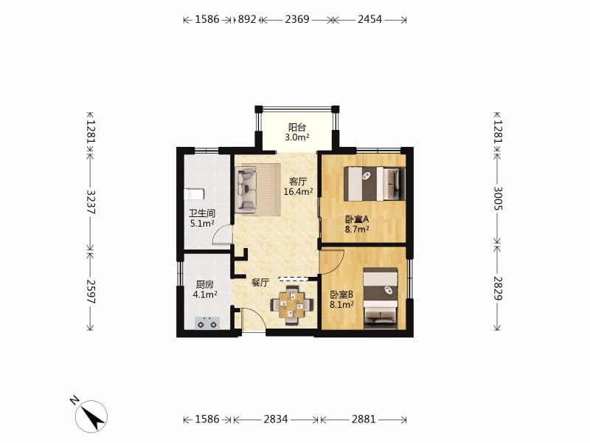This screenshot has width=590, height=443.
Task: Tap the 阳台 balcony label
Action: (x=297, y=127)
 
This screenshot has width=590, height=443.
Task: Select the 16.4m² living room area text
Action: (x=299, y=192)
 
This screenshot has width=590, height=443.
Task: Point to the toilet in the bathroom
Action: (x=194, y=194)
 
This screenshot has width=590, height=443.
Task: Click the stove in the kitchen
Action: (x=207, y=323)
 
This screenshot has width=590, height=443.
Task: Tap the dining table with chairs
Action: (x=292, y=305)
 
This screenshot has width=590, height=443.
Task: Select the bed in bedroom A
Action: (x=375, y=183)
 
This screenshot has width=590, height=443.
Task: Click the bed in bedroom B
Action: (x=381, y=298)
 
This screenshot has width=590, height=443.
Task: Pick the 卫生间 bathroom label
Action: (x=202, y=213)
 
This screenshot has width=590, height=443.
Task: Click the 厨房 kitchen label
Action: (x=205, y=285)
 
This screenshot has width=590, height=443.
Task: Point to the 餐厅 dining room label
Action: (x=260, y=283)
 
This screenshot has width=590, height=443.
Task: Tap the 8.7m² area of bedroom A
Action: (x=357, y=229)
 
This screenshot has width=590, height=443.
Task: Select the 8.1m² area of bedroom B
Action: (x=341, y=304)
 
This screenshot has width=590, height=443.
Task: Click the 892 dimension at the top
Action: (x=247, y=19)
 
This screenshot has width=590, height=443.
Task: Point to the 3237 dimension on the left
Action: (x=91, y=202)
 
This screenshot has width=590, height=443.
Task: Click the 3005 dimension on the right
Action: (x=498, y=198)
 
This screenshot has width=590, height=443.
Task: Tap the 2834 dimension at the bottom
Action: (x=276, y=419)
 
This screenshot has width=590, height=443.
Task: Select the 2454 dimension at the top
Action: (x=370, y=19)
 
